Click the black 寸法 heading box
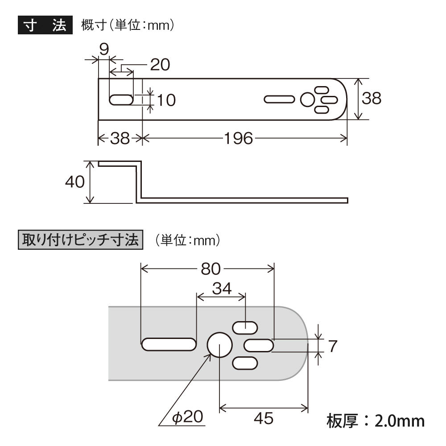[45, 25]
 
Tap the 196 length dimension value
[238, 139]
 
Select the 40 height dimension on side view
[75, 182]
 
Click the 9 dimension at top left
[104, 49]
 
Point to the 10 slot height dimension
[166, 100]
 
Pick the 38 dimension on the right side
[372, 98]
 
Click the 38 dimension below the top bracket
[120, 139]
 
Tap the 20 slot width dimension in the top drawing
[160, 65]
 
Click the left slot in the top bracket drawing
[121, 100]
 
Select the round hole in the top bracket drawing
[307, 100]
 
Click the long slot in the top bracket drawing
[279, 99]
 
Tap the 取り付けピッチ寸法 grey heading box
[80, 240]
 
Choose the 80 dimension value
[211, 269]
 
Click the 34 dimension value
[222, 289]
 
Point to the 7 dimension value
[333, 346]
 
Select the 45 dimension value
[264, 418]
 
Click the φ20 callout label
[188, 417]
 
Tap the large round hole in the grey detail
[219, 345]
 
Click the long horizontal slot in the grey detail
[169, 344]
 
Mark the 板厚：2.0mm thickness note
[376, 421]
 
